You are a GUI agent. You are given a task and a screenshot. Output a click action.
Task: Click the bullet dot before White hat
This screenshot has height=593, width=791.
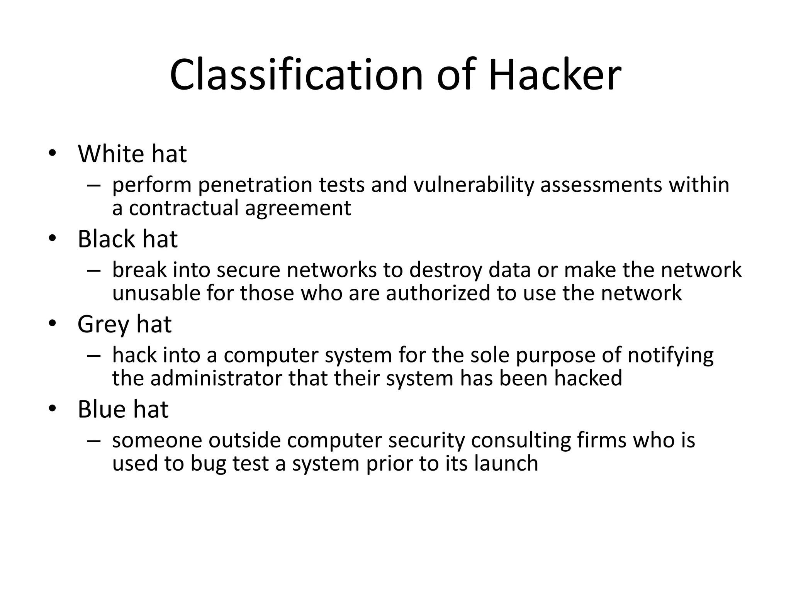53,154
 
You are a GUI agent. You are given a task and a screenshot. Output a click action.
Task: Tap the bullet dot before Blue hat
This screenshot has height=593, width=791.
53,409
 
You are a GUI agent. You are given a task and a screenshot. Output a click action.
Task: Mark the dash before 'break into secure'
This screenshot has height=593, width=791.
93,270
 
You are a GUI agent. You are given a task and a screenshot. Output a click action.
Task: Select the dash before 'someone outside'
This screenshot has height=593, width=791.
93,441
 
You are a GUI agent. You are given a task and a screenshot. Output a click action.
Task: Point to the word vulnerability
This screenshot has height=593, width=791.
473,185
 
